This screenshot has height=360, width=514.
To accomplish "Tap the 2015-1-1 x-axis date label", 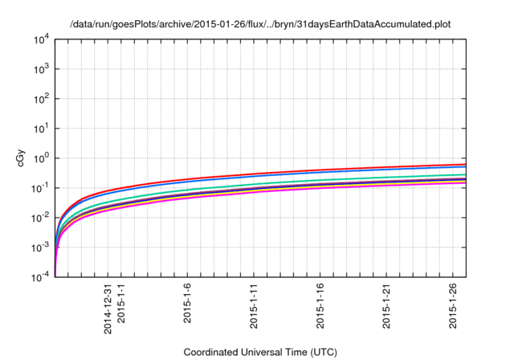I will click(x=121, y=303).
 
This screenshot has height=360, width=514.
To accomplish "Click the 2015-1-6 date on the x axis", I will click(x=188, y=303).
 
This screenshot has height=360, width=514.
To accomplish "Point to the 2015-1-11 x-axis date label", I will click(x=255, y=305).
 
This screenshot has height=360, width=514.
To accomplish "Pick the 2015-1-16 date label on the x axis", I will click(x=321, y=305).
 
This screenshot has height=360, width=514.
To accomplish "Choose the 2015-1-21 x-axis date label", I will click(x=388, y=305).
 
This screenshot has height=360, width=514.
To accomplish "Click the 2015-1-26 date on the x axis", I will click(x=455, y=305).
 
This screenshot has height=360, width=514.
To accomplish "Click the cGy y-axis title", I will click(x=22, y=158).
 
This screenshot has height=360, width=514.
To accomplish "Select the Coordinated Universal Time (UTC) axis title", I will click(x=259, y=352).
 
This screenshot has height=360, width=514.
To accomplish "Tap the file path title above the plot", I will click(x=259, y=23).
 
